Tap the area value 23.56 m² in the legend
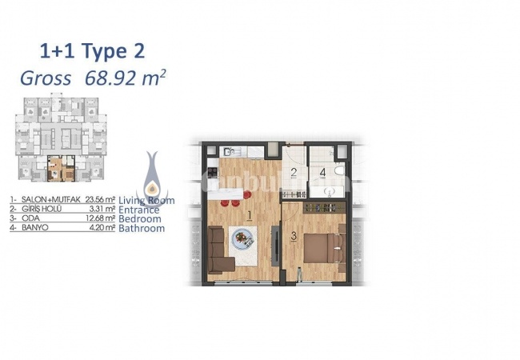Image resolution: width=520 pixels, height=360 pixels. (x=100, y=200)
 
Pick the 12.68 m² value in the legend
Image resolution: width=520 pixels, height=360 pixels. (x=100, y=219)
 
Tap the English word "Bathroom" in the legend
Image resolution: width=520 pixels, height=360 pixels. (x=142, y=229)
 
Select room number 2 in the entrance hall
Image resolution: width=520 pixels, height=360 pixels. (x=294, y=173)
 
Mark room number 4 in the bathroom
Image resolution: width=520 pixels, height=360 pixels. (x=322, y=172)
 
